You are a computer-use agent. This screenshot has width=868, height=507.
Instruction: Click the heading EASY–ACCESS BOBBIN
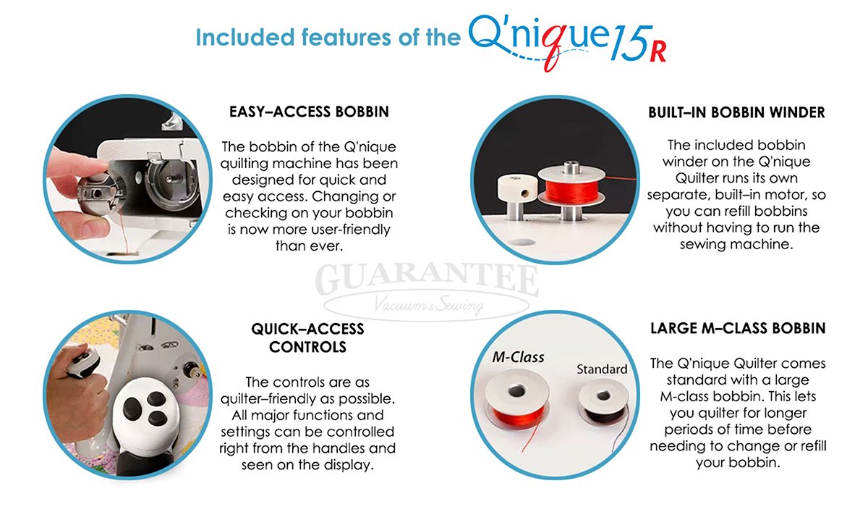point(309,112)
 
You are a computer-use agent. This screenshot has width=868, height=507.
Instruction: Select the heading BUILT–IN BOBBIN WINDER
point(736,113)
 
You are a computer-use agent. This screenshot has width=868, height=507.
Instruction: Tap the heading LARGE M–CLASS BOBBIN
point(737,329)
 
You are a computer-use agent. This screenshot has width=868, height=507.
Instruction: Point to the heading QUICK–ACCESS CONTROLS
point(307,338)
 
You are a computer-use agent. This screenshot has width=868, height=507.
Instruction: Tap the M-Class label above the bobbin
point(518,357)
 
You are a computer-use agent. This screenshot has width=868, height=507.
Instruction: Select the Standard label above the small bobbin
point(601,369)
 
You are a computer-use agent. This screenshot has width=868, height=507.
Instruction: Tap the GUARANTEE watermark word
point(430,280)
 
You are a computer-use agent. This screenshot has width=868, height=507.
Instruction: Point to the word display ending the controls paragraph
point(348,465)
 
